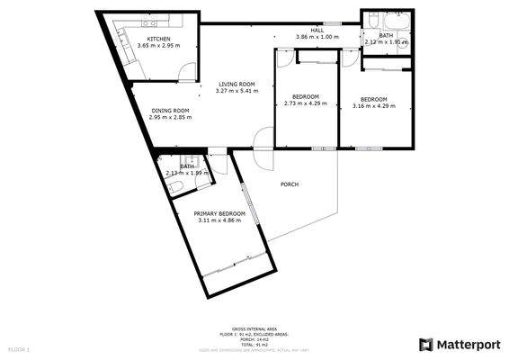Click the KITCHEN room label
point(159,39)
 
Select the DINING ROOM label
point(170,111)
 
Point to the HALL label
point(317,31)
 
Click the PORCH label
point(289,184)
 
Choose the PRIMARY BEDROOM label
point(220,213)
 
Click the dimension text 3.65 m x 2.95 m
point(159,46)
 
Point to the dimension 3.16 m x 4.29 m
point(373,105)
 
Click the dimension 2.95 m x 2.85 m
point(170,118)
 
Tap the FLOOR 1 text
point(19,348)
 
